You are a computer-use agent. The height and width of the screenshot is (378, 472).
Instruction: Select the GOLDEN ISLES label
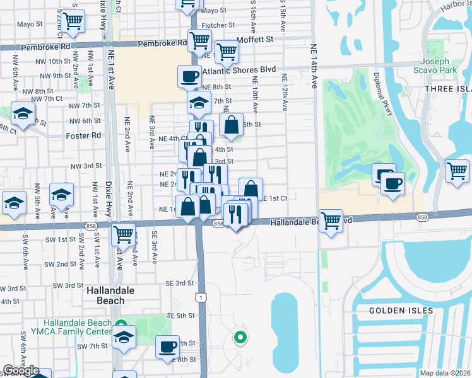click(401, 311)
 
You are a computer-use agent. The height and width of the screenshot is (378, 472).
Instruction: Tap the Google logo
click(21, 370)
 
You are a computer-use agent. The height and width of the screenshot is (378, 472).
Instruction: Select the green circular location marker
click(240, 338)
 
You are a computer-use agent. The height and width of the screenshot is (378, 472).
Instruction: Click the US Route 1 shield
click(201, 297)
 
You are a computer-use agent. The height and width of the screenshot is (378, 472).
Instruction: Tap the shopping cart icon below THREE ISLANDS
click(457, 171)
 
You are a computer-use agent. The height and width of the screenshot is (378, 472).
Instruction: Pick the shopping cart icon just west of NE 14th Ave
click(331, 221)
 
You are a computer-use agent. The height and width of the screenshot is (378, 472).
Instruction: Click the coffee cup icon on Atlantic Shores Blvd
click(189, 77)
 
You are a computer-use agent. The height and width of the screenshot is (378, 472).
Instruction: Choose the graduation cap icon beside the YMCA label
click(124, 337)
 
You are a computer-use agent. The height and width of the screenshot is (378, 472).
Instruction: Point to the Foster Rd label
click(83, 135)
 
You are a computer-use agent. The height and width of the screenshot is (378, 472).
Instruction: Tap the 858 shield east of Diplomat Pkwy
click(422, 217)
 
